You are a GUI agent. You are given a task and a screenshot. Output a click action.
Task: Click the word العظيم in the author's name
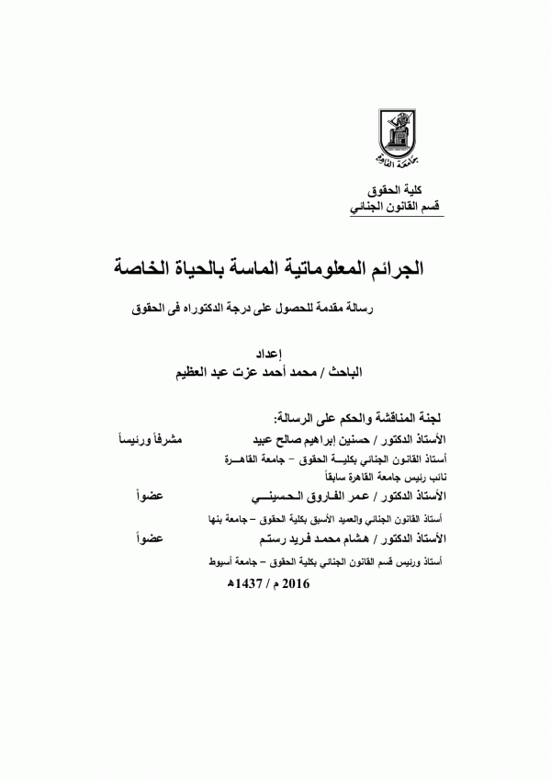[199, 373]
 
